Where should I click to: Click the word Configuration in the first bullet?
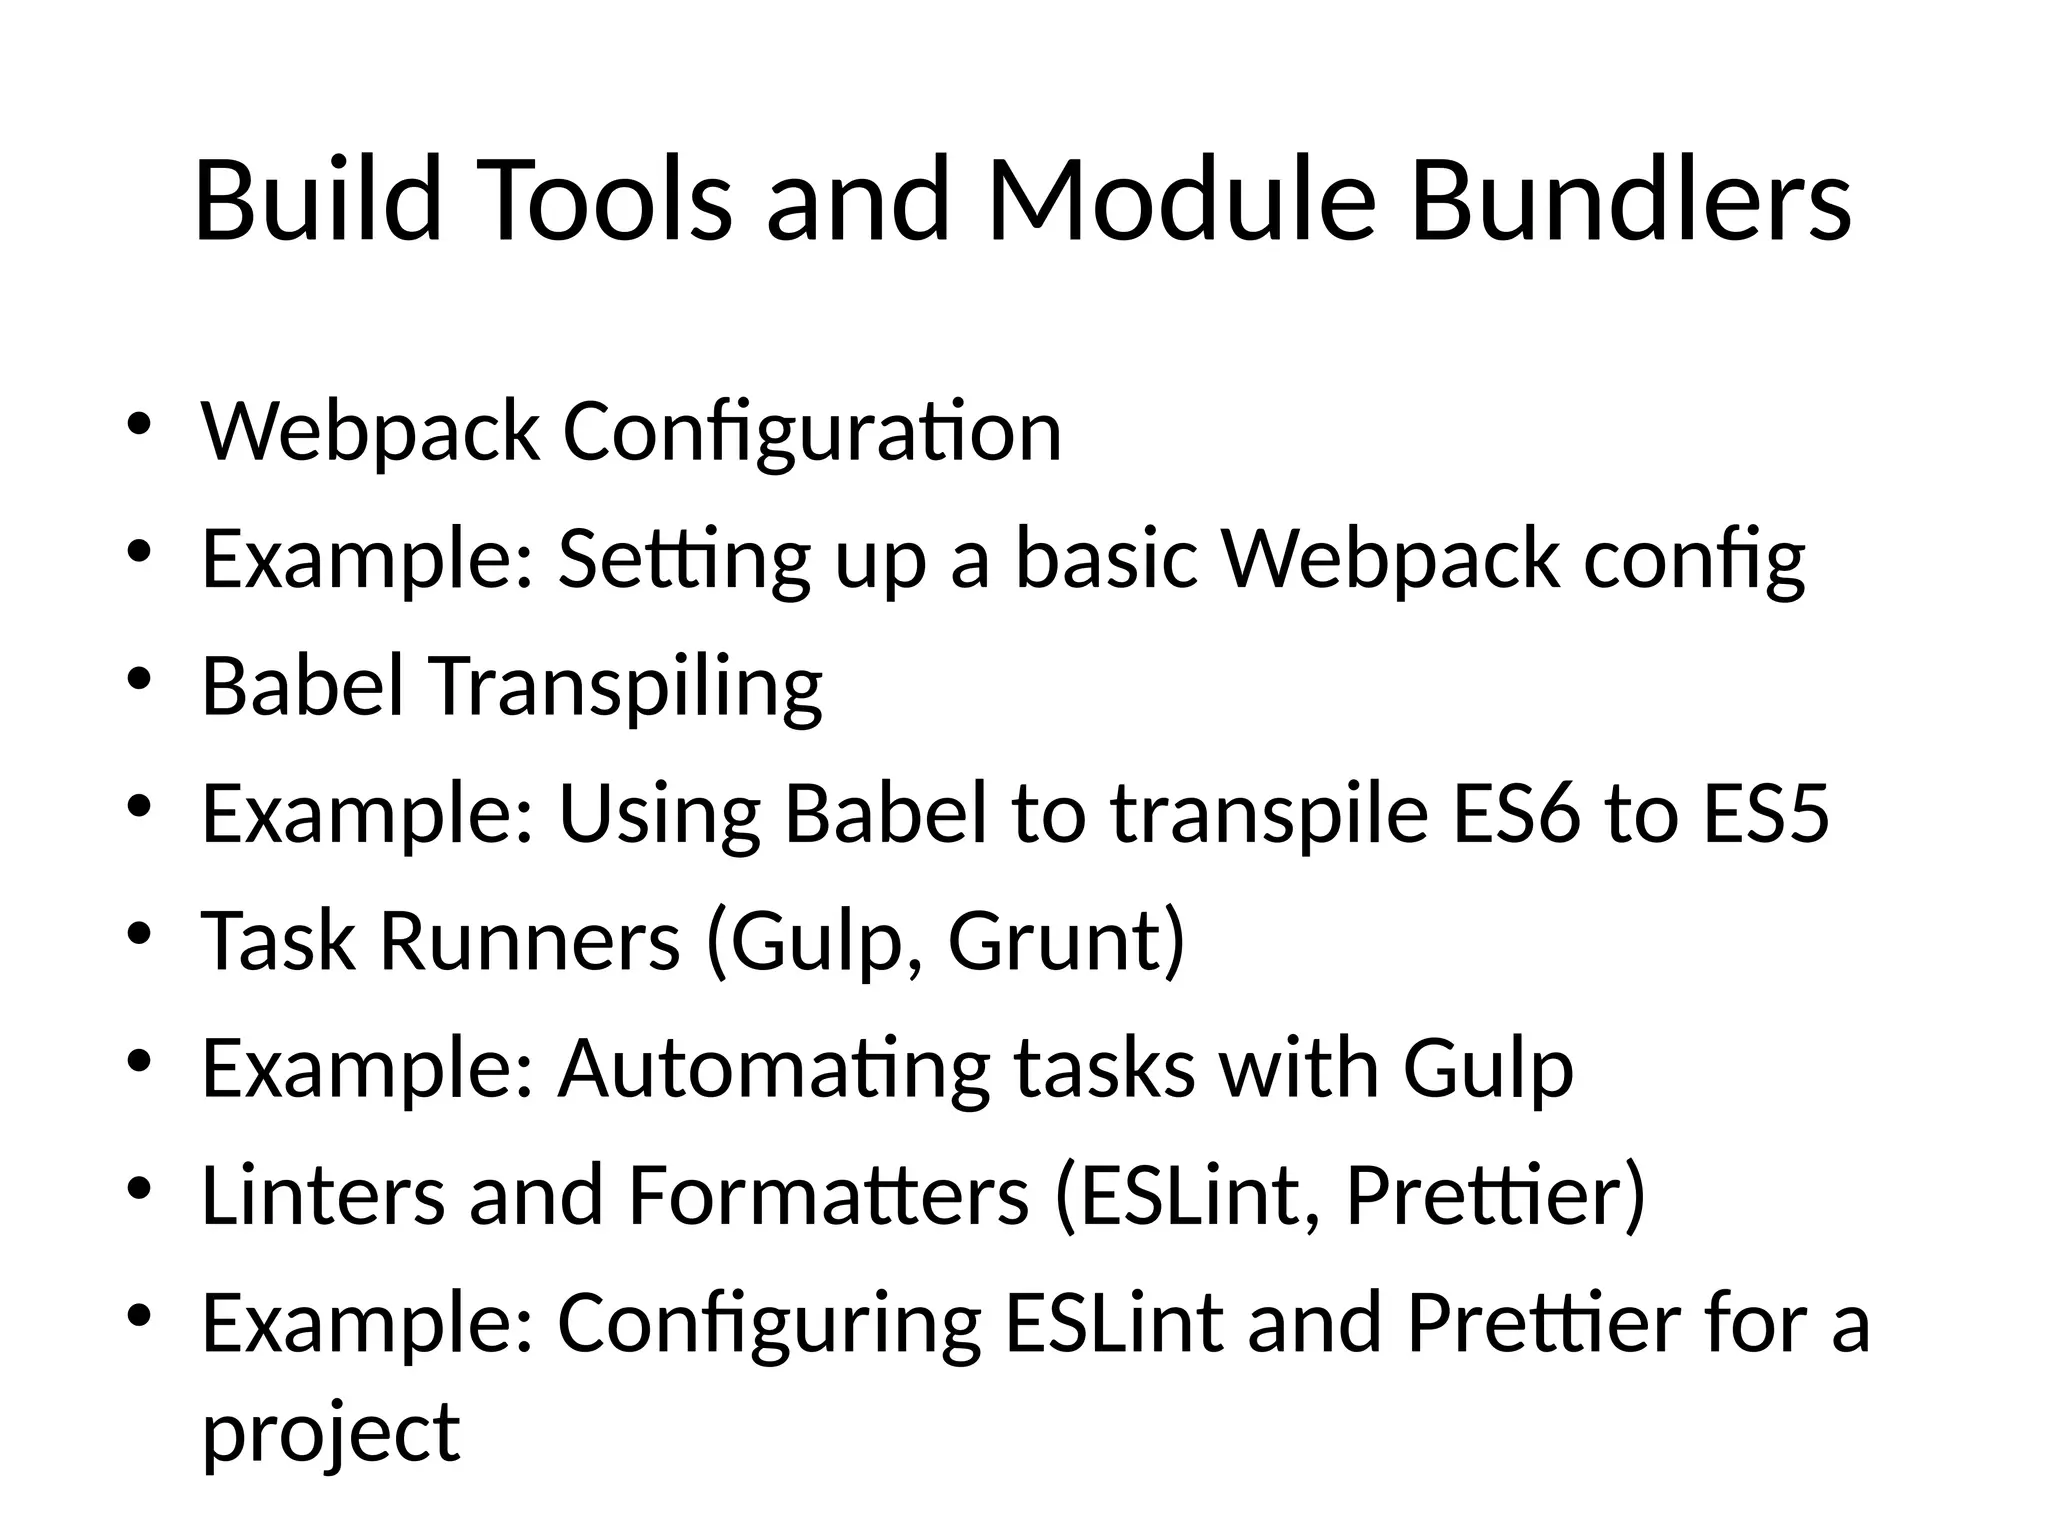(811, 432)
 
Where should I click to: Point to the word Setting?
(684, 560)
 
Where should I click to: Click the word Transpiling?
(627, 688)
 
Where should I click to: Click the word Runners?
(530, 942)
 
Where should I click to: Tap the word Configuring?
(769, 1326)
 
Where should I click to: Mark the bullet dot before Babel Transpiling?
(138, 679)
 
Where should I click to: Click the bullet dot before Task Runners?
(138, 933)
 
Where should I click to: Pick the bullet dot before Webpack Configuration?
(138, 423)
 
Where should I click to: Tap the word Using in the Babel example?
(659, 816)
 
